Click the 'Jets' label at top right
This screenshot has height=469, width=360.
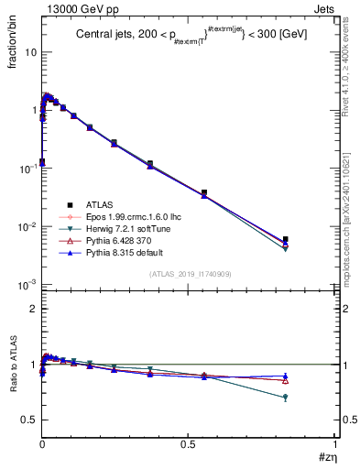pos(326,8)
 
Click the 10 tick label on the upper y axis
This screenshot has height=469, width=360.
pos(30,52)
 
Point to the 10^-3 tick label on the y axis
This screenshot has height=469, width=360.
pos(28,285)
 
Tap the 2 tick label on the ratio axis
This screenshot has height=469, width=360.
pos(34,309)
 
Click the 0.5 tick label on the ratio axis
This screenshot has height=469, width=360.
pos(30,420)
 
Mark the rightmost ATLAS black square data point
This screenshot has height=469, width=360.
pos(286,239)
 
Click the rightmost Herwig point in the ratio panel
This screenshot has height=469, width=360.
pos(286,398)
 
